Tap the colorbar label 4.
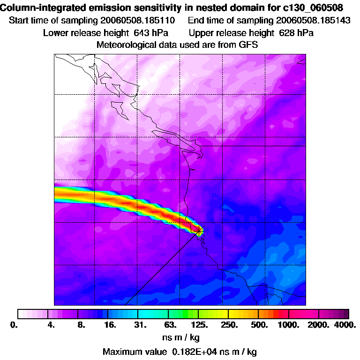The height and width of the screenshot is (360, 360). (x=52, y=324)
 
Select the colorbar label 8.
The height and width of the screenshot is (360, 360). (x=81, y=324)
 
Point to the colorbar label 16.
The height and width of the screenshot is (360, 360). (x=110, y=324)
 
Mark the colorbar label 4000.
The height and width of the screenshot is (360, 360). (x=346, y=324)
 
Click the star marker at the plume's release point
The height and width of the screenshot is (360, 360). (x=199, y=230)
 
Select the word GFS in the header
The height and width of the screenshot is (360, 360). (x=248, y=45)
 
